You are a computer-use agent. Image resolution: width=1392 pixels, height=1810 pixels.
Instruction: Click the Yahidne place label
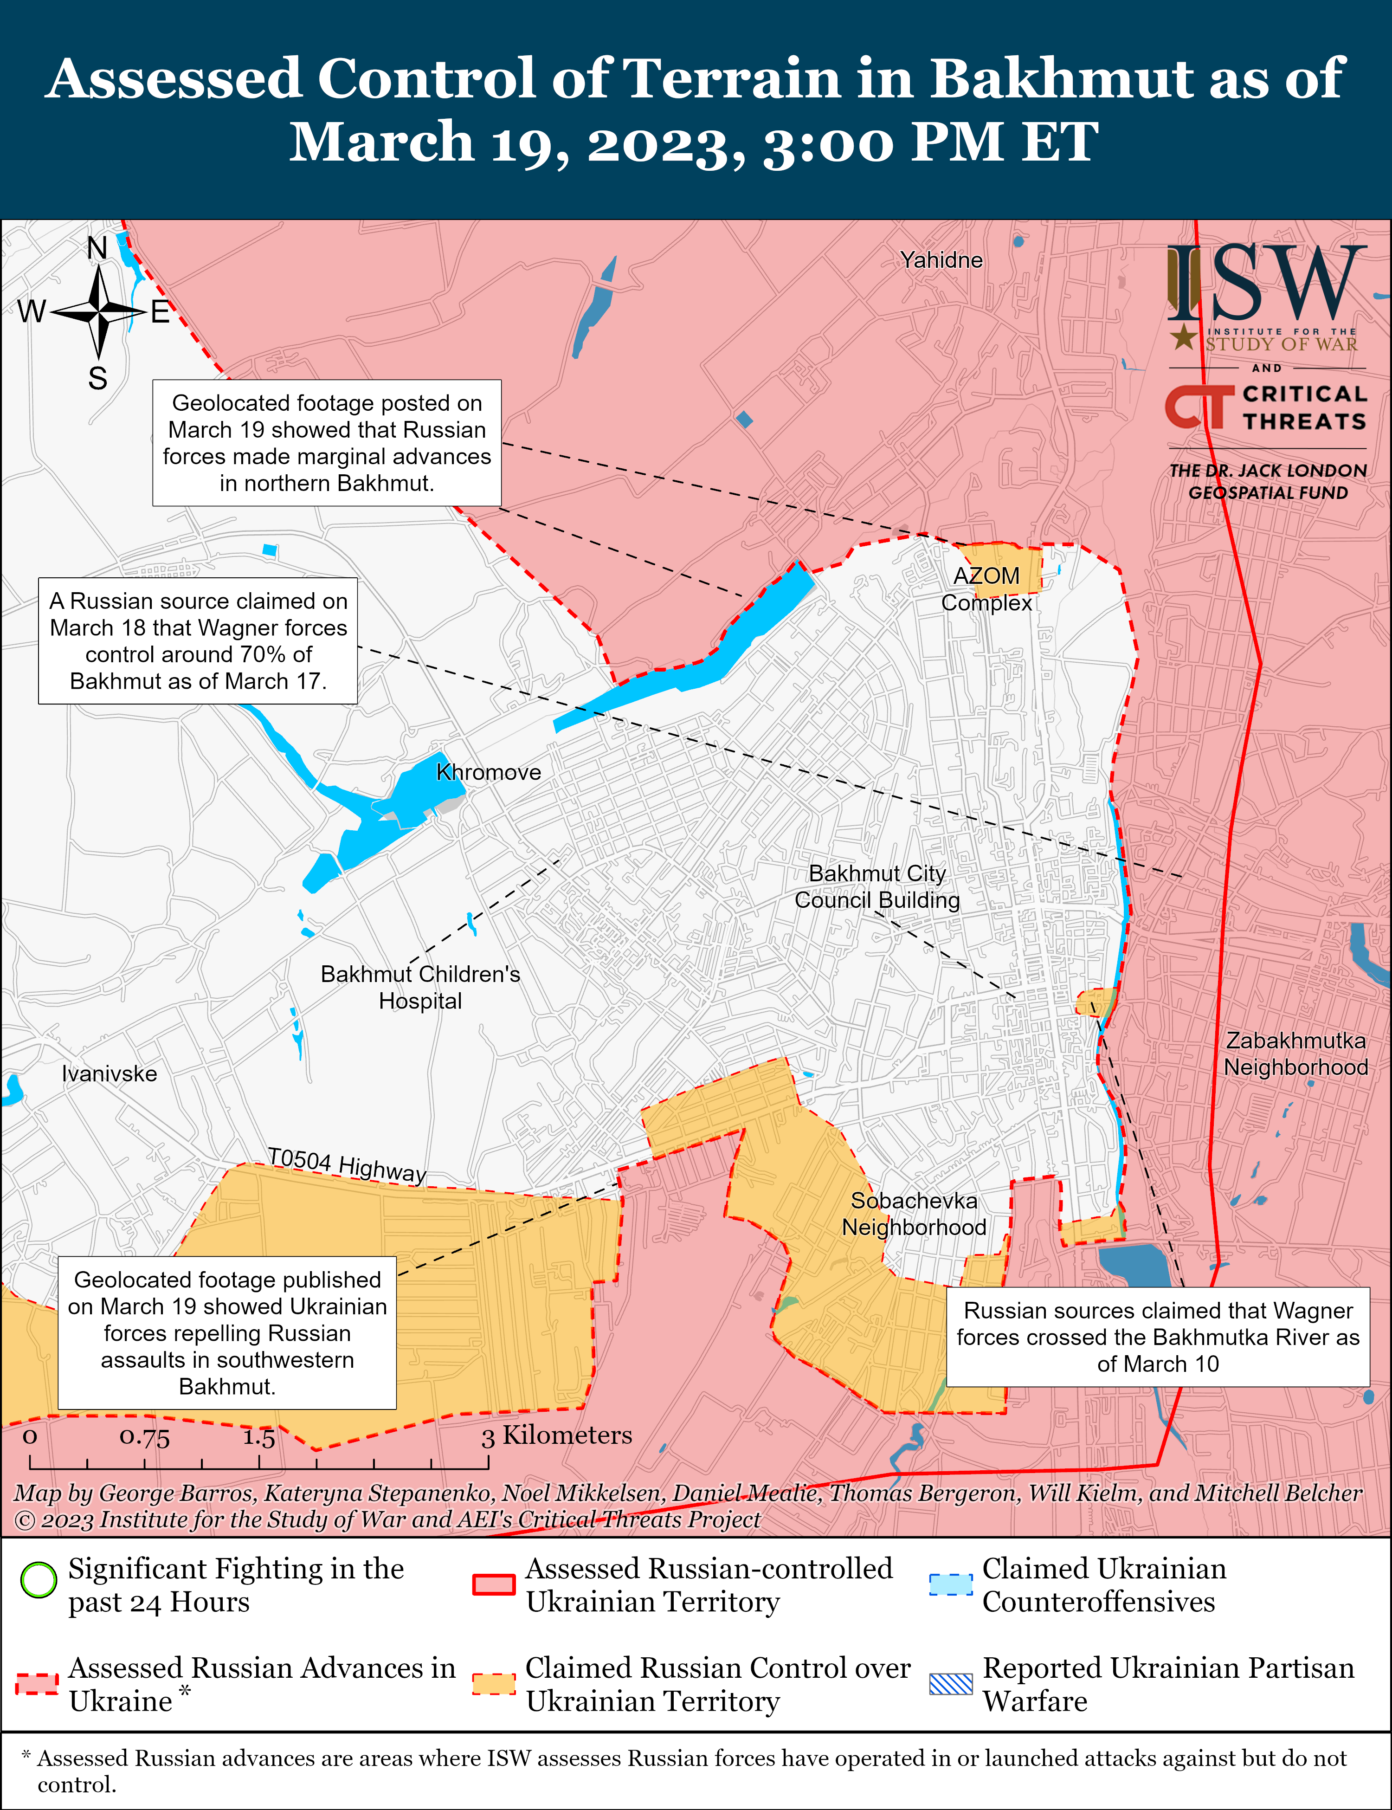941,260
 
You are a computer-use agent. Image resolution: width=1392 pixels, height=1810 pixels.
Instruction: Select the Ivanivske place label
110,1074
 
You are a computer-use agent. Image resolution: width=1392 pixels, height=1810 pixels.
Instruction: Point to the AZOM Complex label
987,589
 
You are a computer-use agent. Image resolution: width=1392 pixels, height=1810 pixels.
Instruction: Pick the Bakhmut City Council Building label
877,887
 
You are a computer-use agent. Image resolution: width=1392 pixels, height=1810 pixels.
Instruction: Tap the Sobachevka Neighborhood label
914,1214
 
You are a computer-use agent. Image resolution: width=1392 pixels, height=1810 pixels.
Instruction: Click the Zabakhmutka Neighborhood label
1296,1054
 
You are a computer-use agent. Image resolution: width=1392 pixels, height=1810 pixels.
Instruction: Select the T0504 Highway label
346,1164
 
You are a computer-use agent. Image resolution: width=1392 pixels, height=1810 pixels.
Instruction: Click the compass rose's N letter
98,248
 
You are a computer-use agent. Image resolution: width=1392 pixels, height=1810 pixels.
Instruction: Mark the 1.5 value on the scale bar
258,1436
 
